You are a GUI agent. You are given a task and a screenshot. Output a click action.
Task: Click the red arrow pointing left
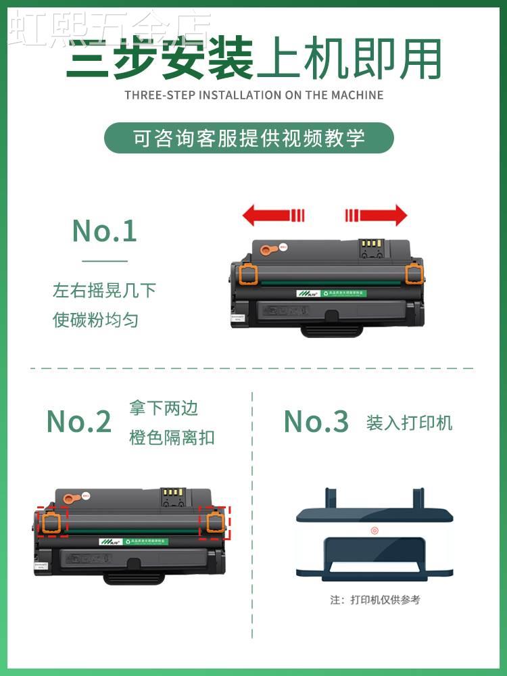coord(273,216)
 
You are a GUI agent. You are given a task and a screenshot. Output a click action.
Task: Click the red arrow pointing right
coord(376,216)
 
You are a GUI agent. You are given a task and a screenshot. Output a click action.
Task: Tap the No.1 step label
coord(105,231)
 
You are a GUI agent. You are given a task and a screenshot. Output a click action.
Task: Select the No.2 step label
coord(79,422)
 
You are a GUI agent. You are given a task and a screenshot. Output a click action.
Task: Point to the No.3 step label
coord(316,422)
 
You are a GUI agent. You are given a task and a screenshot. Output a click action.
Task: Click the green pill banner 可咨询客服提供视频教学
coord(249,138)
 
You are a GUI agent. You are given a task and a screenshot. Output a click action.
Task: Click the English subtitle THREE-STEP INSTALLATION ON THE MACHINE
coord(254,95)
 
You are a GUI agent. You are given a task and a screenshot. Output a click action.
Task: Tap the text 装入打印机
coord(410,423)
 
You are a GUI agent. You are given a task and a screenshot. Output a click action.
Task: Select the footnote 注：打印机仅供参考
coord(375,600)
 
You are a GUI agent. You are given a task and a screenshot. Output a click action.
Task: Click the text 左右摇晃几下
coord(105,291)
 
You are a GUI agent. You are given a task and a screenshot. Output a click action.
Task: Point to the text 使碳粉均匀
coord(96,320)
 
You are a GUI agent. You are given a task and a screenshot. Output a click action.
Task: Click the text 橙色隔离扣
coord(172,437)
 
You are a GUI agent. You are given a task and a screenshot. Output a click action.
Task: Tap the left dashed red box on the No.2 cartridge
coord(53,521)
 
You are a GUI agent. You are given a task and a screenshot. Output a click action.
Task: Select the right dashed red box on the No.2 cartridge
coord(216,522)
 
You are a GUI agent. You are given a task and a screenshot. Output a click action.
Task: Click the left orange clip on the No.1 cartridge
coord(248,273)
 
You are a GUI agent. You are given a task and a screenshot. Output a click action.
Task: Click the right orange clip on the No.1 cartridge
coord(414,272)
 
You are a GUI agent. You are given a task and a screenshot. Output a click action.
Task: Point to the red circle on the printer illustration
coord(374,530)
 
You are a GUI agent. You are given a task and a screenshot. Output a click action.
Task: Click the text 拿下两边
coord(164,408)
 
